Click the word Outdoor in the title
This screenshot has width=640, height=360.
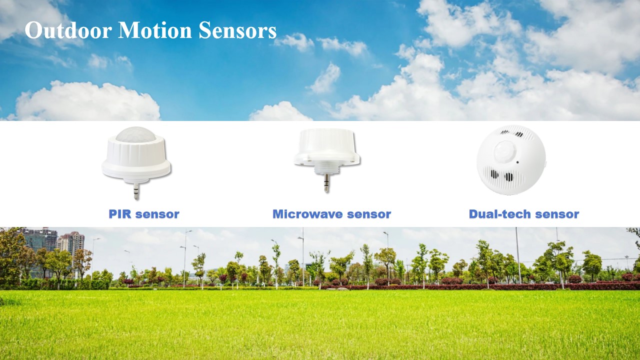[x=68, y=30]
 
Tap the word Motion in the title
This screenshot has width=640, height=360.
[x=154, y=30]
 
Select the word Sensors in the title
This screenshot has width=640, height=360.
[x=237, y=30]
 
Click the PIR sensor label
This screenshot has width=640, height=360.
[x=144, y=214]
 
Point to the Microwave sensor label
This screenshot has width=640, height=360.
[x=331, y=214]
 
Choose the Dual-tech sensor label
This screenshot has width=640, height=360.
[x=524, y=214]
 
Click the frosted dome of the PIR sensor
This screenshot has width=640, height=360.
[x=136, y=134]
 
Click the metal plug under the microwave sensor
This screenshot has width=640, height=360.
[x=326, y=183]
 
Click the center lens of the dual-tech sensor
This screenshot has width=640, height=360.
[x=505, y=151]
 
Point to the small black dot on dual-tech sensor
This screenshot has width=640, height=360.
[x=517, y=162]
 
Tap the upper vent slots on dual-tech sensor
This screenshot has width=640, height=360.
[x=512, y=133]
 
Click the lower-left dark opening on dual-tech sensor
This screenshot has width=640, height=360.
[x=494, y=174]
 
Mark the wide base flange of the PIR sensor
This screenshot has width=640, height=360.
[x=136, y=171]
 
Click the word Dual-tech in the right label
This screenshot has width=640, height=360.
[x=499, y=214]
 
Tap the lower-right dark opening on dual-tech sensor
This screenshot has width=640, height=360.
[x=508, y=177]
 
